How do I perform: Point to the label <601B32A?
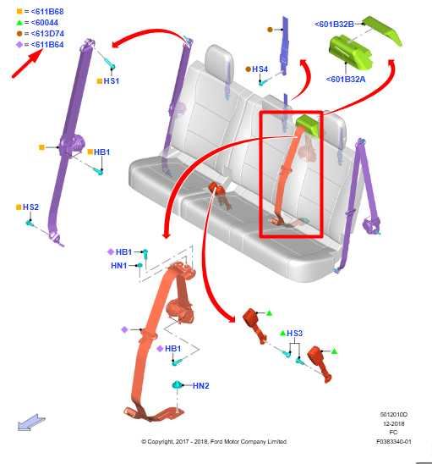click(347, 80)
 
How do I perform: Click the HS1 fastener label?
click(111, 80)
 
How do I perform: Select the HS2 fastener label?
click(30, 207)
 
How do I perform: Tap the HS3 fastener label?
click(294, 334)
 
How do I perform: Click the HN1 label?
click(118, 265)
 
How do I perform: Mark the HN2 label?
click(200, 385)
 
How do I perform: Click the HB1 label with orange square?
click(102, 152)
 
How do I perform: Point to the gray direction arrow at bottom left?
click(31, 422)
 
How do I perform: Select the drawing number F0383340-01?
click(393, 441)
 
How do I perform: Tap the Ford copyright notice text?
click(213, 441)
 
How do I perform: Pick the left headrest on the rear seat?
click(218, 59)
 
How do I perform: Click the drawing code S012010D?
click(393, 414)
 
